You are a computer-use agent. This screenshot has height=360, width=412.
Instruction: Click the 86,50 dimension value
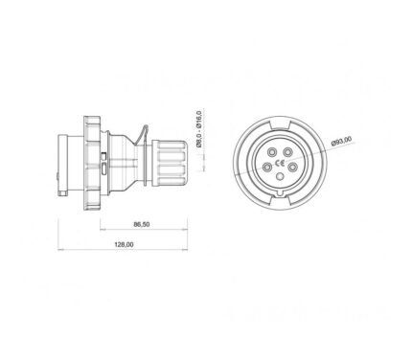[x=142, y=224]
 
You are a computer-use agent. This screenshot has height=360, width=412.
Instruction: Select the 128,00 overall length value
[x=124, y=245]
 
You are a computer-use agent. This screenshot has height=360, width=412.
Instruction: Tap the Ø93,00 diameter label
[x=341, y=141]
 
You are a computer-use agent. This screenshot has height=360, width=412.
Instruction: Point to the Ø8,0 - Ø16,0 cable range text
[x=198, y=129]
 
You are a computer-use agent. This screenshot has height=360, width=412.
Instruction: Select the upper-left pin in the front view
[x=272, y=152]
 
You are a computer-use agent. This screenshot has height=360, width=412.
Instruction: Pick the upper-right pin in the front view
[x=288, y=152]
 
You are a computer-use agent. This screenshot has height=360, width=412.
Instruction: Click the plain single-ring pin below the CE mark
[x=280, y=176]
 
